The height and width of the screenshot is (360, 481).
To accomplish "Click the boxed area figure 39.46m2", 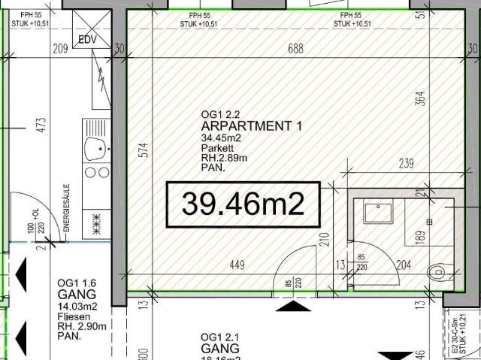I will [x=243, y=204].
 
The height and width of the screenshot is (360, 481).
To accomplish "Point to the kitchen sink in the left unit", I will [x=96, y=147].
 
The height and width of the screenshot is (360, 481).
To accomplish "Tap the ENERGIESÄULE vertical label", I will [x=66, y=206].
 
